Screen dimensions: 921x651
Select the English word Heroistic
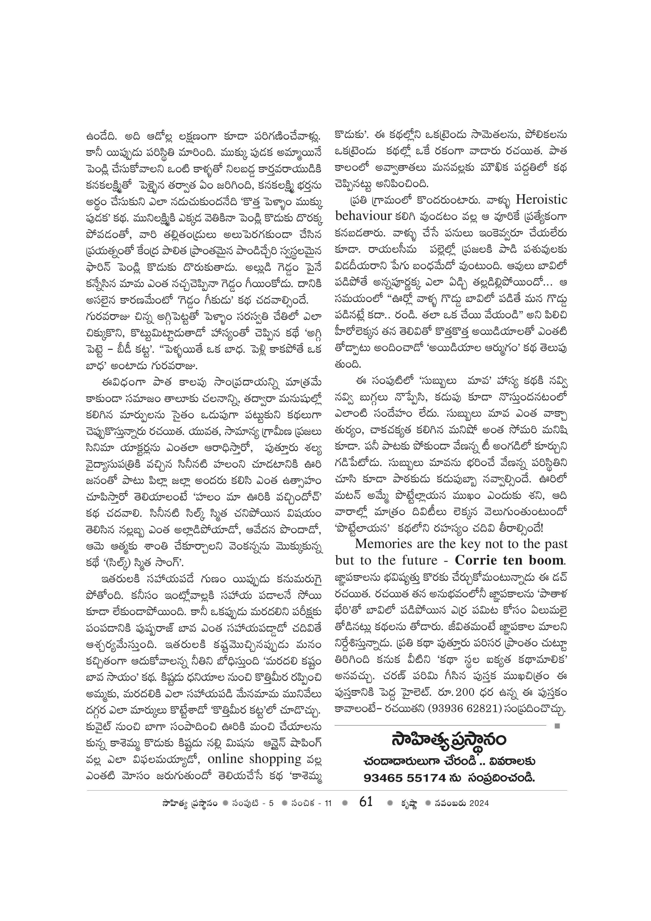tap(542, 199)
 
